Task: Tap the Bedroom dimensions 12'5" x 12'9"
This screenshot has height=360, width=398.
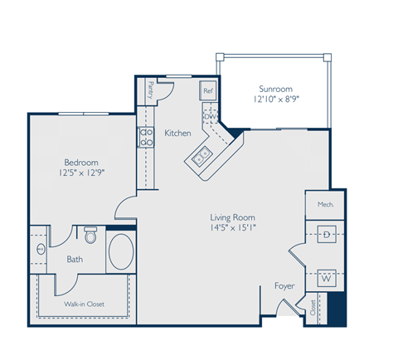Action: coord(82,173)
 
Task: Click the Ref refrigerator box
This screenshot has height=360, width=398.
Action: coord(208,90)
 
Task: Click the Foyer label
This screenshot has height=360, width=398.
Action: coord(284,286)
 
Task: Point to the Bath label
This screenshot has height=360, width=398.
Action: coord(75,260)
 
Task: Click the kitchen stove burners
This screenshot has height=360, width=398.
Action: coord(146,136)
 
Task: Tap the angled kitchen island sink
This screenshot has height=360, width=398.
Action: coord(201,155)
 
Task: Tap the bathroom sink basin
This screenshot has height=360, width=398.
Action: coord(40,250)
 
